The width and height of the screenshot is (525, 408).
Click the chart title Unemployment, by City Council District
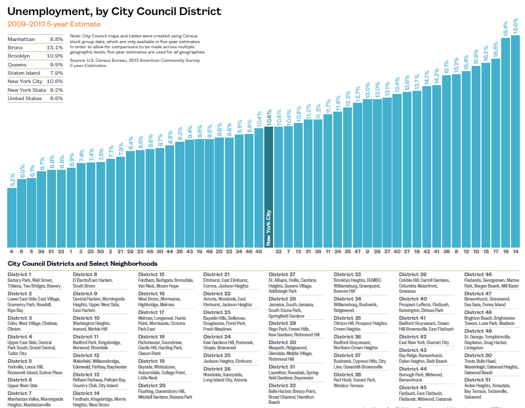pos(114,11)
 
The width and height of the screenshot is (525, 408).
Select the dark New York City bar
pos(268,187)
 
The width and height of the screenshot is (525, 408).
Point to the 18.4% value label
pos(505,29)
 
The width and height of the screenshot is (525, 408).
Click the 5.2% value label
pos(12,180)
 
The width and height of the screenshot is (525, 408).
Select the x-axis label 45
pos(259,251)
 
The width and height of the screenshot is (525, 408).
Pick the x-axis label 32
pos(278,251)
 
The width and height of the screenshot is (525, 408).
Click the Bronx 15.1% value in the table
pos(55,48)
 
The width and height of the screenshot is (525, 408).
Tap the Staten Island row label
pos(23,73)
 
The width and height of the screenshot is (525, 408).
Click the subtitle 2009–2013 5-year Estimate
pos(54,24)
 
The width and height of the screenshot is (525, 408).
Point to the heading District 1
pos(20,275)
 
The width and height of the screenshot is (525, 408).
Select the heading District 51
pos(478,379)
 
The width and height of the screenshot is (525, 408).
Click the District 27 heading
pos(282,275)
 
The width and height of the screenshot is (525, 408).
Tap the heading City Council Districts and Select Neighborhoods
pos(82,264)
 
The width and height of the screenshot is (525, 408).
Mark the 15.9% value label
pos(476,58)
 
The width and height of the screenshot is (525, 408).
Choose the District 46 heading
pos(478,275)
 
